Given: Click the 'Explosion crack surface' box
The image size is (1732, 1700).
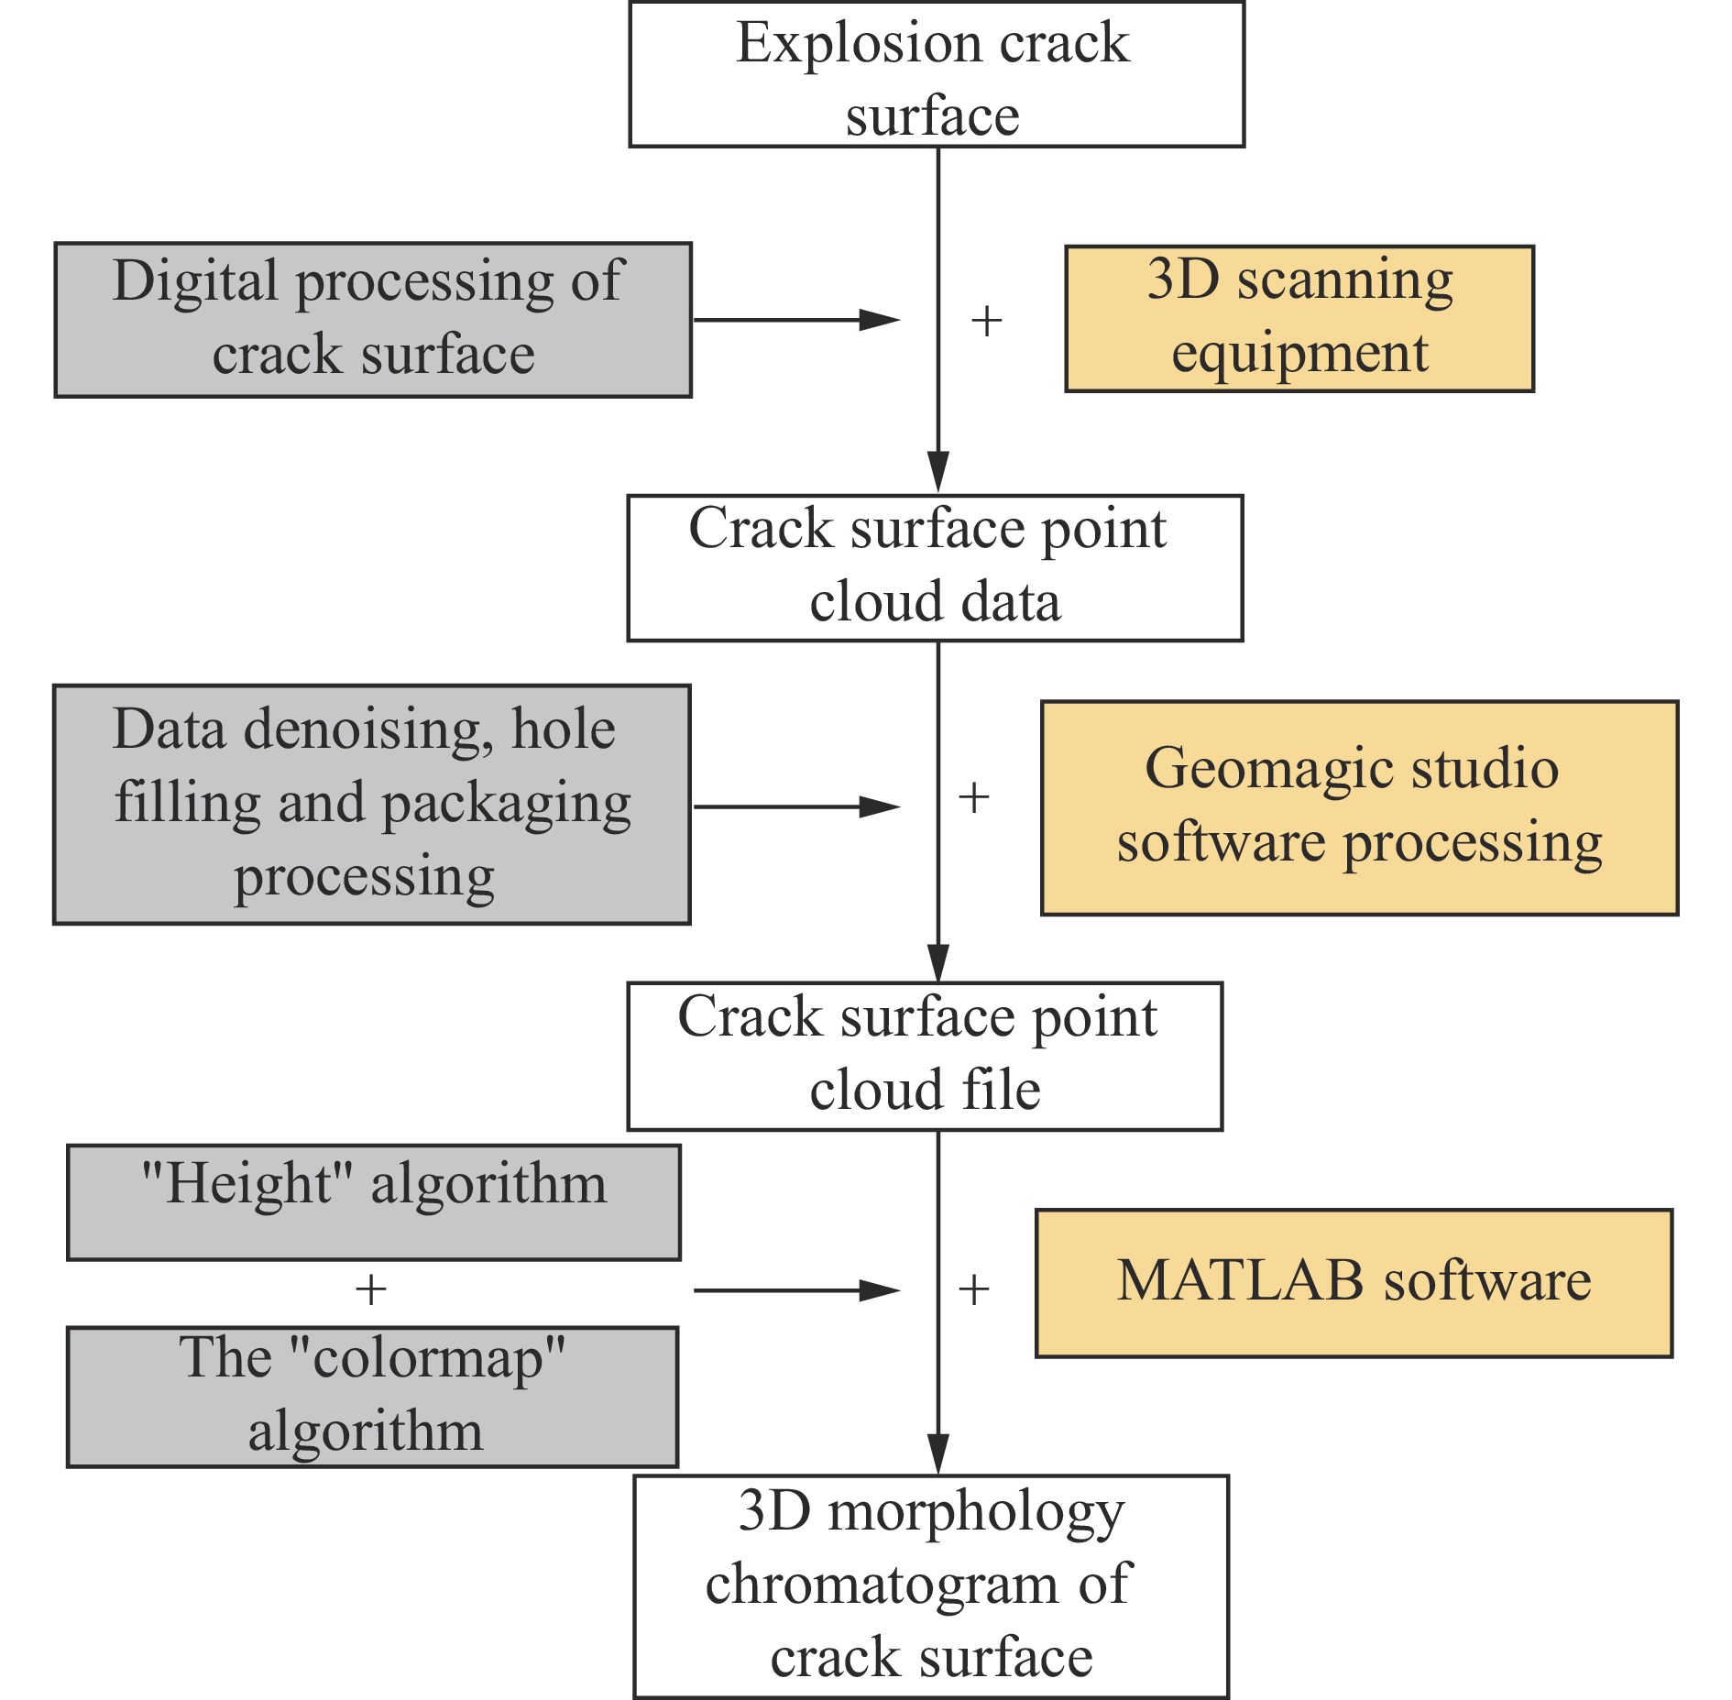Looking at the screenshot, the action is tap(937, 74).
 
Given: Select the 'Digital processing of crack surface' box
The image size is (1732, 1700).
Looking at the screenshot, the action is tap(373, 320).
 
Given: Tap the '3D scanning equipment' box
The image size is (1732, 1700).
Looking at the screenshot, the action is tap(1299, 319).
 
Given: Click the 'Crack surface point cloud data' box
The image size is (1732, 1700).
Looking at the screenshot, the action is tap(935, 568).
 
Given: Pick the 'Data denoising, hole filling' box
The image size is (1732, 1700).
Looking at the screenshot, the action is tap(372, 805).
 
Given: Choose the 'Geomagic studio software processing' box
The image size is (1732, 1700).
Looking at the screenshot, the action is tap(1360, 808).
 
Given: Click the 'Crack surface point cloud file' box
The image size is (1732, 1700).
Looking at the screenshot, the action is tap(925, 1057).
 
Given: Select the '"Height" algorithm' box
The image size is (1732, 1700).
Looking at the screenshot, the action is tap(374, 1202).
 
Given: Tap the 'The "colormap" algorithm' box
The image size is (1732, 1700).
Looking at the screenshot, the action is tap(373, 1397).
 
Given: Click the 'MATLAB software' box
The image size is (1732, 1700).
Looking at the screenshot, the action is tap(1354, 1283).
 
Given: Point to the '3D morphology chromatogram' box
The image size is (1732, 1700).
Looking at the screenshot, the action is tap(931, 1586).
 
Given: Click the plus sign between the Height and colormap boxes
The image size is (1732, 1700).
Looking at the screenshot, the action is tap(370, 1290).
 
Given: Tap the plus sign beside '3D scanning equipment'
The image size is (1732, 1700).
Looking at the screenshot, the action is tap(986, 321).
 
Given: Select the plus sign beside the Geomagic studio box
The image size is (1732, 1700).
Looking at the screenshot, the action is tap(973, 798).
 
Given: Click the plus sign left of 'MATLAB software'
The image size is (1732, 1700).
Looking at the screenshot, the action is tap(973, 1289).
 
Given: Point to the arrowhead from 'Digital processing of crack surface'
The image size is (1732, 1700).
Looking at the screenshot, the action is tap(880, 320).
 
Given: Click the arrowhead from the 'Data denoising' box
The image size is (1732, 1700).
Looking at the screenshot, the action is tap(880, 806).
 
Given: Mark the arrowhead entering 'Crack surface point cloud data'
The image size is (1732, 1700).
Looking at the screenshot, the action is tap(938, 472).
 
